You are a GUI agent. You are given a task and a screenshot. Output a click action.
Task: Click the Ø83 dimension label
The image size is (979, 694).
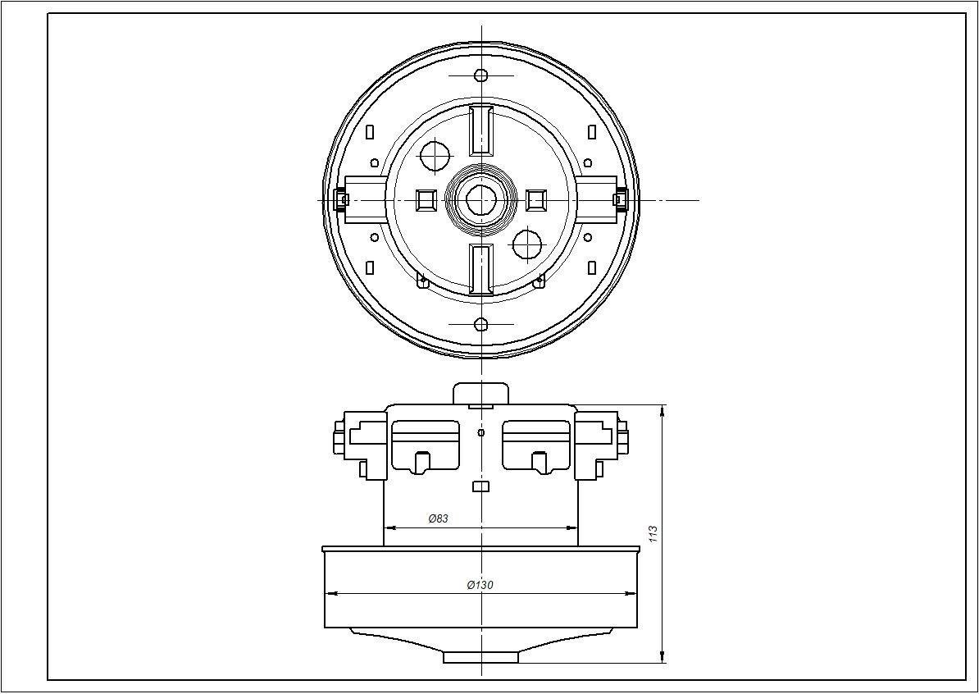coord(438,518)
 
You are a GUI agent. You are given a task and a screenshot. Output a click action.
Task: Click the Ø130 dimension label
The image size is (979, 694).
coord(480,585)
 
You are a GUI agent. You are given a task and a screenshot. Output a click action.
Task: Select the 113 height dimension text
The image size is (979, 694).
coord(653,534)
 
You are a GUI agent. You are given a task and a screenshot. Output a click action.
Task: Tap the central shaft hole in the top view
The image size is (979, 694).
coord(480,199)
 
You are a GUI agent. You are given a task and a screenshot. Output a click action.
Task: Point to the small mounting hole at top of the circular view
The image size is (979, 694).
coord(481,75)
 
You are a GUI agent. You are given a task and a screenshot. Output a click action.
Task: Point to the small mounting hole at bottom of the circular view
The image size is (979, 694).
coord(481,323)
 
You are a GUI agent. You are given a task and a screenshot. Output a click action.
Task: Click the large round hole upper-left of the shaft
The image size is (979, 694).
coord(435,154)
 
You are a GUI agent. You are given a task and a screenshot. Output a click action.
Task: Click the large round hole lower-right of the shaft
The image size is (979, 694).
coord(527,244)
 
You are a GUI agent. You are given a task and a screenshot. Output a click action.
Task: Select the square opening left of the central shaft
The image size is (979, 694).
coord(426,200)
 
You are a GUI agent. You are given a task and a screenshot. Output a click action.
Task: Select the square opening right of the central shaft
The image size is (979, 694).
coord(536,200)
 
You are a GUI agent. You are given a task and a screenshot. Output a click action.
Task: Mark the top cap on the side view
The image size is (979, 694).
coord(481,392)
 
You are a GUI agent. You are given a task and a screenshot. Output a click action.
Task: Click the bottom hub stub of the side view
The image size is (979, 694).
coord(481,657)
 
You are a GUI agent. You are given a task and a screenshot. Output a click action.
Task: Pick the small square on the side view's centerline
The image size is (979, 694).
coord(481,487)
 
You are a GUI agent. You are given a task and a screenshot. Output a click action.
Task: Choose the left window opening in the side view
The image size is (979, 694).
coord(426,445)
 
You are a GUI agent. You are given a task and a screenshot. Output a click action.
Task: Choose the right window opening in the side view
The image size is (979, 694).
coord(536,445)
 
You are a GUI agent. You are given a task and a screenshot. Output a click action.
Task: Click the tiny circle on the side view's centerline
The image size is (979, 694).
coord(481,432)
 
